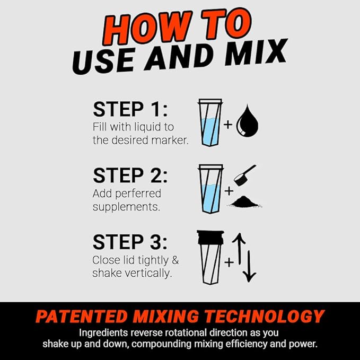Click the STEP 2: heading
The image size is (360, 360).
pos(130,175)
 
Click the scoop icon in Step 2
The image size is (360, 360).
pos(245,174)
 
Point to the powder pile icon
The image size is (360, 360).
pos(248,201)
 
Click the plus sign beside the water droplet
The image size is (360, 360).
pos(228,125)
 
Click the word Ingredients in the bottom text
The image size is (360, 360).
pos(104,333)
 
